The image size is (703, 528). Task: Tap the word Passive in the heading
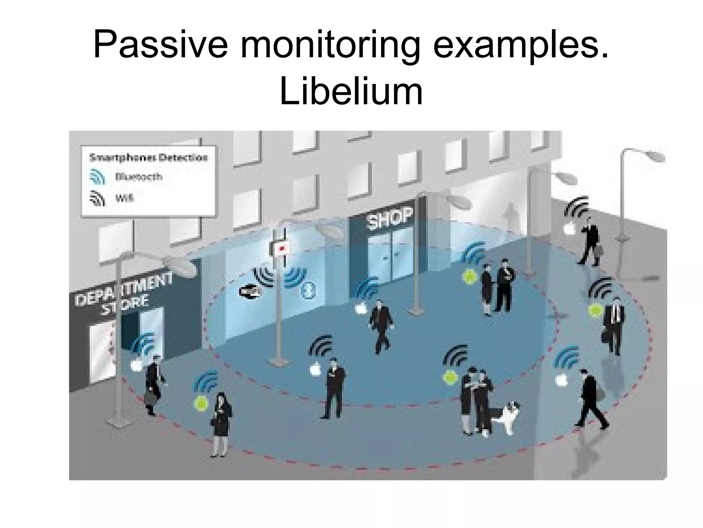160,45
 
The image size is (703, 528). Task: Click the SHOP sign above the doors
390,218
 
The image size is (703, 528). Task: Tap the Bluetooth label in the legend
139,177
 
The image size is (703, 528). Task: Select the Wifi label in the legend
124,199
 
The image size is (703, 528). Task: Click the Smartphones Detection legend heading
149,158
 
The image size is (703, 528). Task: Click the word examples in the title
521,45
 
